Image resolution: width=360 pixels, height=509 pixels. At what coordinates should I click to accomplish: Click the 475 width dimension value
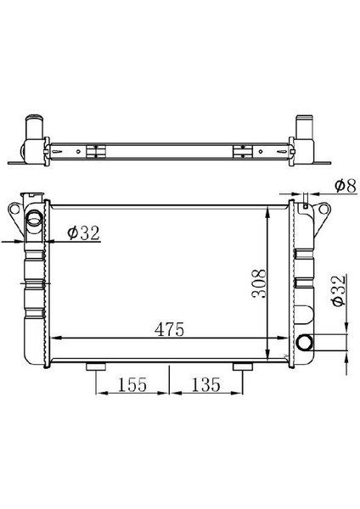(x=169, y=329)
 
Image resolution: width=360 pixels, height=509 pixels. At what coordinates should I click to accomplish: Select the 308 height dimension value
(x=259, y=283)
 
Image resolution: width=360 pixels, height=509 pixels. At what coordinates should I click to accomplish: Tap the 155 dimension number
(x=132, y=384)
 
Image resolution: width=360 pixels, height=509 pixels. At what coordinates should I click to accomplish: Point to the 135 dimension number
(x=205, y=384)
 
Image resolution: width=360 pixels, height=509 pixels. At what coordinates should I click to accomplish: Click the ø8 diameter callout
(x=346, y=186)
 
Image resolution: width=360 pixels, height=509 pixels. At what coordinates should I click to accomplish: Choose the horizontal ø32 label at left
(x=83, y=232)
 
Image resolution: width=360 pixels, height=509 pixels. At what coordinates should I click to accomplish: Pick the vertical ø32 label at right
(x=338, y=290)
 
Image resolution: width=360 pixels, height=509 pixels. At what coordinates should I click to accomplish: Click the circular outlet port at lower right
(x=305, y=342)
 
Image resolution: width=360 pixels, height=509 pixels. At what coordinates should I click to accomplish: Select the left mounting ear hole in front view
(x=14, y=209)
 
